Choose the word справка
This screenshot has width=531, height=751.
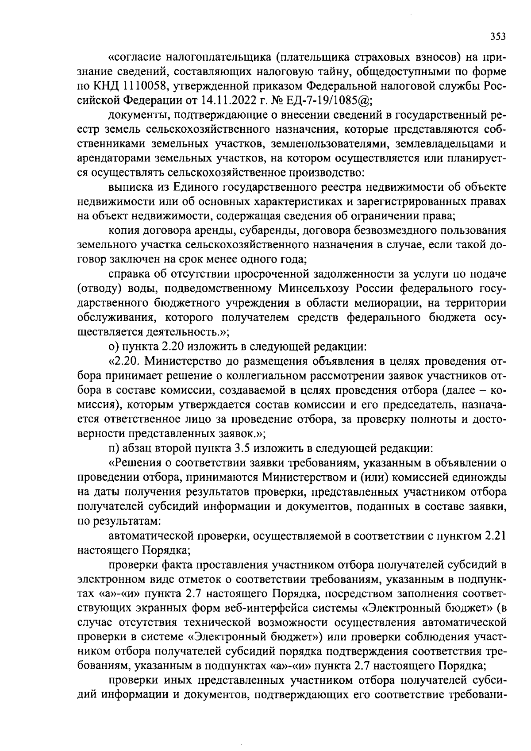tap(129, 274)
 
